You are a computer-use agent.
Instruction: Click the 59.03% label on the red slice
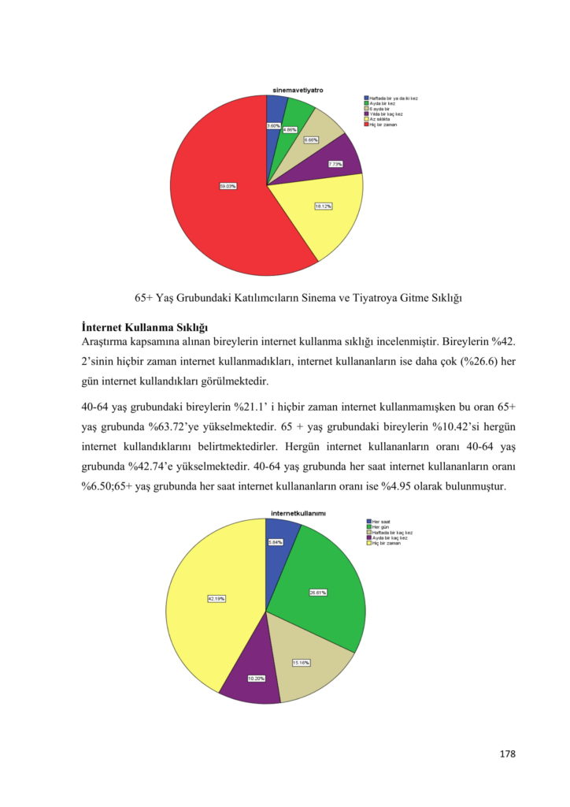(228, 186)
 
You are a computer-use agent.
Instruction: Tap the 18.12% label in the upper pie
(324, 206)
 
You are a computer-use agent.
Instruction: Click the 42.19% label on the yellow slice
(217, 599)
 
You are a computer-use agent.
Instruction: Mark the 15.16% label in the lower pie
(301, 662)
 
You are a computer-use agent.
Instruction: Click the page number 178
(507, 754)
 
